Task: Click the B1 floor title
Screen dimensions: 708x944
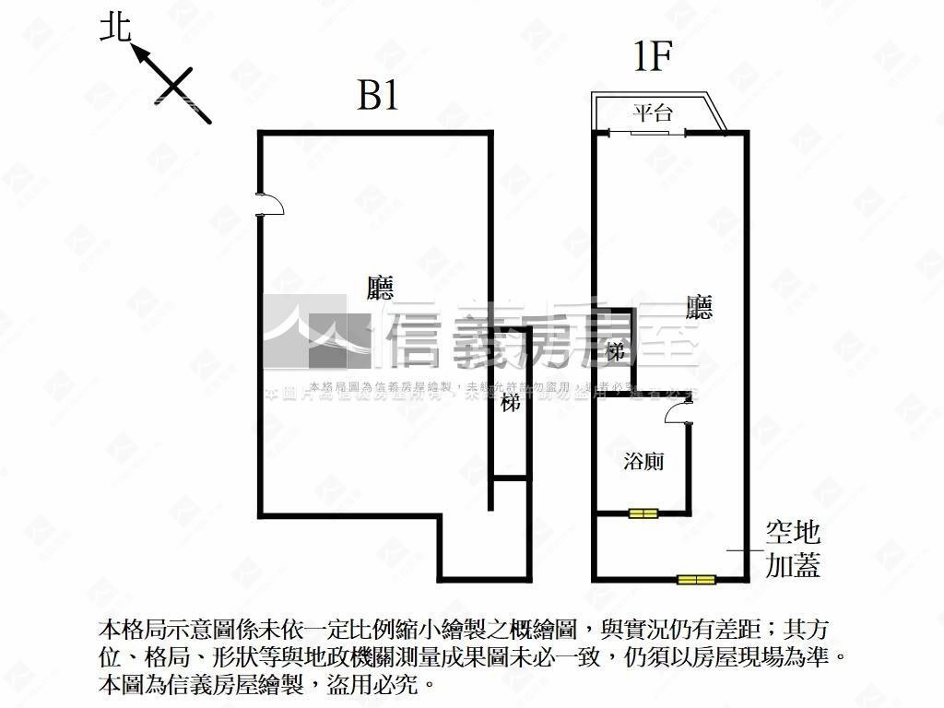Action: tap(378, 95)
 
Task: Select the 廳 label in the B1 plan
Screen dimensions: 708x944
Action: tap(380, 289)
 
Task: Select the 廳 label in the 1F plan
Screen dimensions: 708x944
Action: tap(700, 306)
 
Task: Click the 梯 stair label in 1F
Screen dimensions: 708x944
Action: tap(617, 350)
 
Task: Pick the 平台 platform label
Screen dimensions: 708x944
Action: tap(653, 113)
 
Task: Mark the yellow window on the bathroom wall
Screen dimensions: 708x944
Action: tap(643, 513)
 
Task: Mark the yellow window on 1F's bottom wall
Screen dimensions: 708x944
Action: tap(696, 580)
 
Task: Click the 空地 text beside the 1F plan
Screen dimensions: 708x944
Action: tap(793, 532)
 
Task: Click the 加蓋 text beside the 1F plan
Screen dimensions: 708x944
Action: tap(793, 565)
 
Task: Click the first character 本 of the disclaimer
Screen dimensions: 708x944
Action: tap(107, 631)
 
